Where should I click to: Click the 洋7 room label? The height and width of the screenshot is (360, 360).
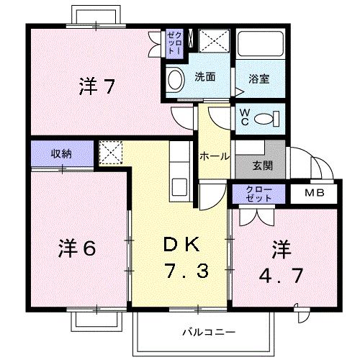[96, 87]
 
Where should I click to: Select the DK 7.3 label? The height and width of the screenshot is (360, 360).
[184, 258]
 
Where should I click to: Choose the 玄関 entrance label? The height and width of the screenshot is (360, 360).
[262, 165]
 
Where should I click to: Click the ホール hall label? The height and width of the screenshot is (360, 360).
[215, 156]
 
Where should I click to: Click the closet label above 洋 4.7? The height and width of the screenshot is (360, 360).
[259, 194]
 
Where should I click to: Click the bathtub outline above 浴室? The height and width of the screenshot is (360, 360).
[260, 48]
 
